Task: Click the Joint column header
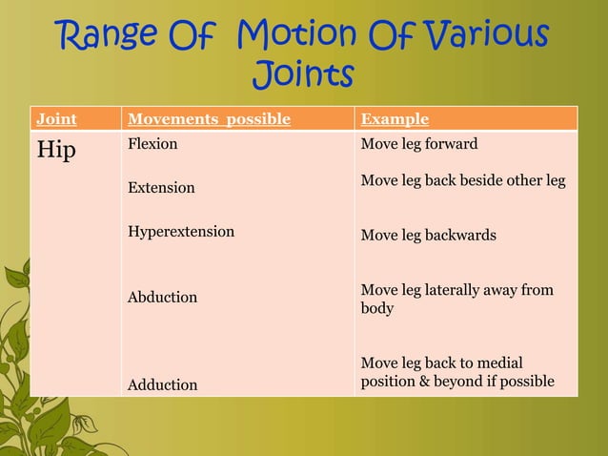(x=56, y=119)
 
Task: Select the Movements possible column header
(x=209, y=119)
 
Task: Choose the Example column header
(x=395, y=119)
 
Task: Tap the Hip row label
(x=56, y=151)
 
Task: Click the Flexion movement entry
(x=152, y=146)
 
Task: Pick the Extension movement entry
(x=161, y=188)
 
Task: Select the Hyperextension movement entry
(x=181, y=231)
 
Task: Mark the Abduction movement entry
(x=163, y=297)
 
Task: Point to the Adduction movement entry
(x=163, y=384)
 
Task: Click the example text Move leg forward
(x=419, y=145)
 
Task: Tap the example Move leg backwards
(x=428, y=235)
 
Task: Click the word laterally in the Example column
(x=454, y=290)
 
